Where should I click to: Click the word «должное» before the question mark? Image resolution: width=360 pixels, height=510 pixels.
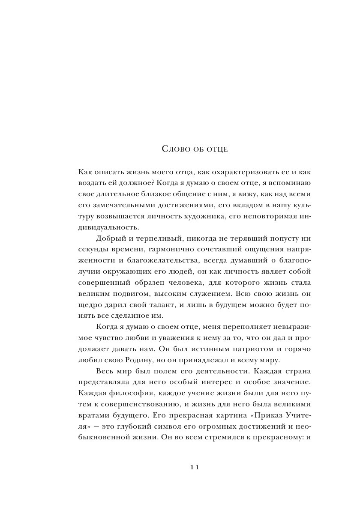(x=128, y=182)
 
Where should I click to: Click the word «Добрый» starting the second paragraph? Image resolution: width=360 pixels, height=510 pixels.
(x=111, y=238)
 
